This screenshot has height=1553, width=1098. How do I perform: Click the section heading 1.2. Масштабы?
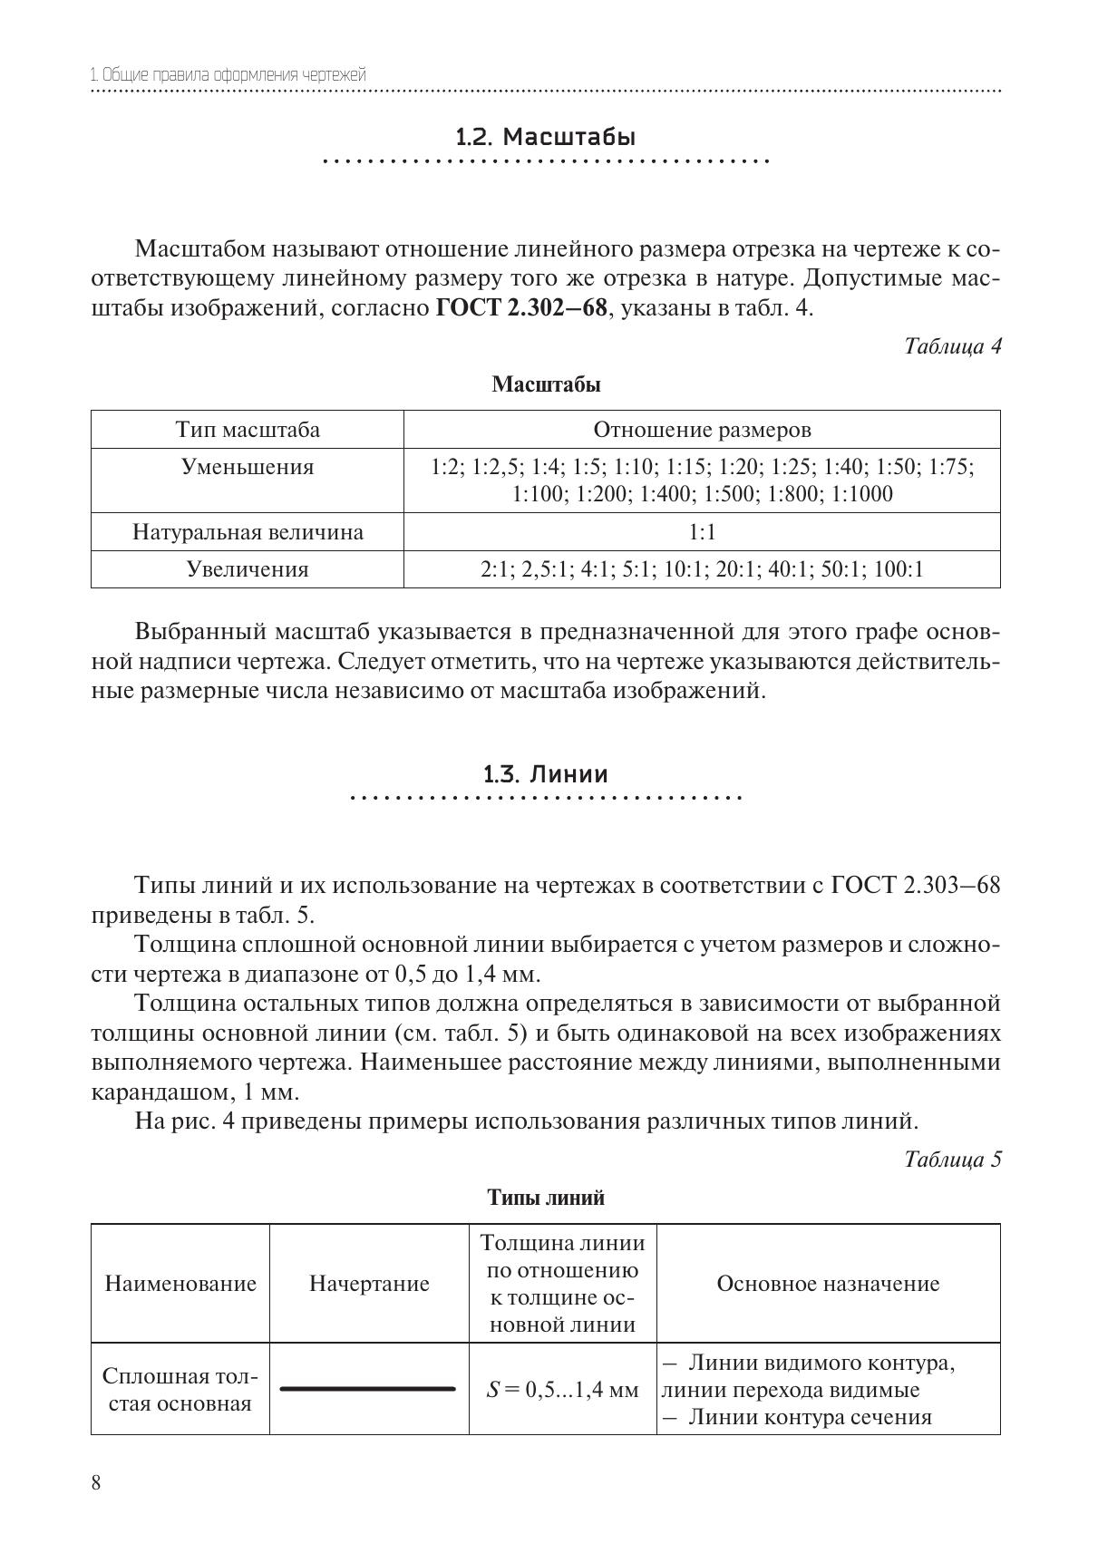pyautogui.click(x=546, y=138)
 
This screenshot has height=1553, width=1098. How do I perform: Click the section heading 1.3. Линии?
pyautogui.click(x=546, y=774)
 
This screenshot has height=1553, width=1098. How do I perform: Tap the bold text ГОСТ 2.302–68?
pyautogui.click(x=520, y=308)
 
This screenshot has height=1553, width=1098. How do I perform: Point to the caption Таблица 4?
pyautogui.click(x=952, y=346)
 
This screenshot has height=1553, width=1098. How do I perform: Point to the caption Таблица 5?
pyautogui.click(x=952, y=1160)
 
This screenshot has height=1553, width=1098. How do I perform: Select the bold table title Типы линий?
pyautogui.click(x=546, y=1198)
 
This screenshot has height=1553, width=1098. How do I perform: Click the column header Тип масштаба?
pyautogui.click(x=248, y=430)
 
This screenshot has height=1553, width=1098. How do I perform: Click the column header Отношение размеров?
pyautogui.click(x=702, y=430)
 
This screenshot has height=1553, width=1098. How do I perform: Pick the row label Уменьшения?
pyautogui.click(x=248, y=468)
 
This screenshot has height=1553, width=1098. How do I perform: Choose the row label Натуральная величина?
pyautogui.click(x=248, y=532)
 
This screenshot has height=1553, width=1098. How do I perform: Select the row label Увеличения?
pyautogui.click(x=248, y=569)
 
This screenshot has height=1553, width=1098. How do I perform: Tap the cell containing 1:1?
pyautogui.click(x=702, y=532)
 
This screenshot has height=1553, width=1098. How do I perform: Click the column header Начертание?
pyautogui.click(x=369, y=1284)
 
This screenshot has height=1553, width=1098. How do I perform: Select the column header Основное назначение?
pyautogui.click(x=828, y=1284)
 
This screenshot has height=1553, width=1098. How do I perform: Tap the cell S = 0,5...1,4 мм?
pyautogui.click(x=562, y=1390)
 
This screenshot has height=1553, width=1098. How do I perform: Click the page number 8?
pyautogui.click(x=96, y=1483)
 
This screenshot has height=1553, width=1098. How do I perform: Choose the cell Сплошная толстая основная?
pyautogui.click(x=180, y=1390)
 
